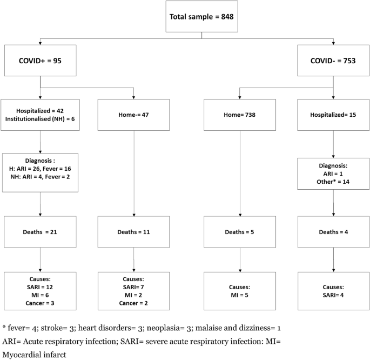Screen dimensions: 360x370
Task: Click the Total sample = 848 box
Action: tap(202, 16)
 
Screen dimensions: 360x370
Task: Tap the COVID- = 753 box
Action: tap(333, 62)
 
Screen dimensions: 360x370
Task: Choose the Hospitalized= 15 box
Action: tap(333, 115)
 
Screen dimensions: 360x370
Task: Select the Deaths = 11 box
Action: tap(134, 231)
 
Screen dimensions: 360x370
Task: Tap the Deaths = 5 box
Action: tap(240, 231)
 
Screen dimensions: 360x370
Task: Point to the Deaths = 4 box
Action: tap(333, 231)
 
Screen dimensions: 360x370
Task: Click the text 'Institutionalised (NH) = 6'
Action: tap(42, 119)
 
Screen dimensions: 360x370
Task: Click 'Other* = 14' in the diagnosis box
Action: tap(333, 183)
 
